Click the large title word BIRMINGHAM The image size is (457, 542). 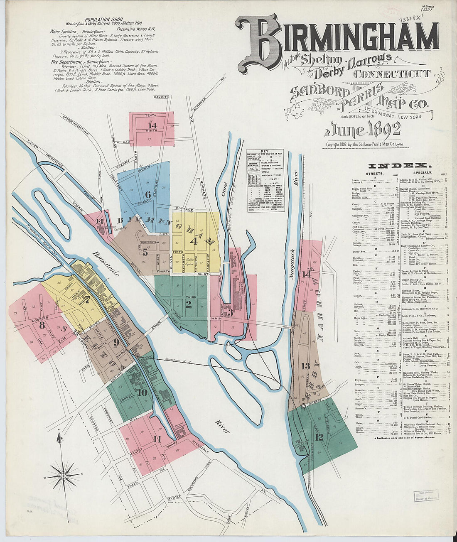point(339,39)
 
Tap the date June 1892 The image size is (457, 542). point(362,130)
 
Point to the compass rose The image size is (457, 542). point(63,474)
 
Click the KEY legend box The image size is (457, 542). point(265,180)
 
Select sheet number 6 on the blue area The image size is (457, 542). point(147,194)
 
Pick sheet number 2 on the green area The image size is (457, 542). point(188,304)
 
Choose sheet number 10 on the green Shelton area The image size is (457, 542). point(142,392)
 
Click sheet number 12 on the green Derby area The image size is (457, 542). point(319,437)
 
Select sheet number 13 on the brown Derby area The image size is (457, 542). point(306,365)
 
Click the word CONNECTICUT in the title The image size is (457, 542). point(392,74)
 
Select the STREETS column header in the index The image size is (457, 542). point(374,173)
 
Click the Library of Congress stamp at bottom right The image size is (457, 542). point(426,496)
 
